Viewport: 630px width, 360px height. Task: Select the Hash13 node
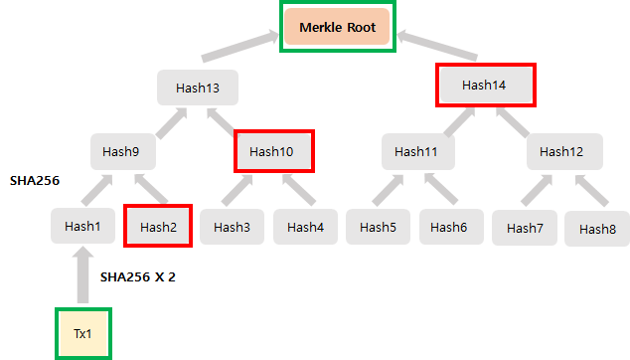click(x=198, y=88)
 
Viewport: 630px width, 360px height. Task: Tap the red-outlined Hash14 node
click(x=485, y=86)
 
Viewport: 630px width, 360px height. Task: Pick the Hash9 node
click(x=128, y=151)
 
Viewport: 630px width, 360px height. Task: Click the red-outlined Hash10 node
click(x=273, y=151)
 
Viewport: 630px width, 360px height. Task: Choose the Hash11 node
click(x=418, y=151)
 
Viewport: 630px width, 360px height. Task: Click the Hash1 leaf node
click(x=82, y=227)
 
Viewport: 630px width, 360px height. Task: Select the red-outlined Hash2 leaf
click(x=157, y=227)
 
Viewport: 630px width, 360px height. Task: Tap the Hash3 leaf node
click(x=232, y=227)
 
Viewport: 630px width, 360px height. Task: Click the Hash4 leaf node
click(x=305, y=227)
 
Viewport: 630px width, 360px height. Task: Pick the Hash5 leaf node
click(x=378, y=227)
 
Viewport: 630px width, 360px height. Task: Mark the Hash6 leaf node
click(x=451, y=227)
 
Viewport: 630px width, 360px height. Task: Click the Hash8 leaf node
click(x=597, y=228)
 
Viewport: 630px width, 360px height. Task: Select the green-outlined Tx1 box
click(x=82, y=333)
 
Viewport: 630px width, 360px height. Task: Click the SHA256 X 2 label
click(x=138, y=276)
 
